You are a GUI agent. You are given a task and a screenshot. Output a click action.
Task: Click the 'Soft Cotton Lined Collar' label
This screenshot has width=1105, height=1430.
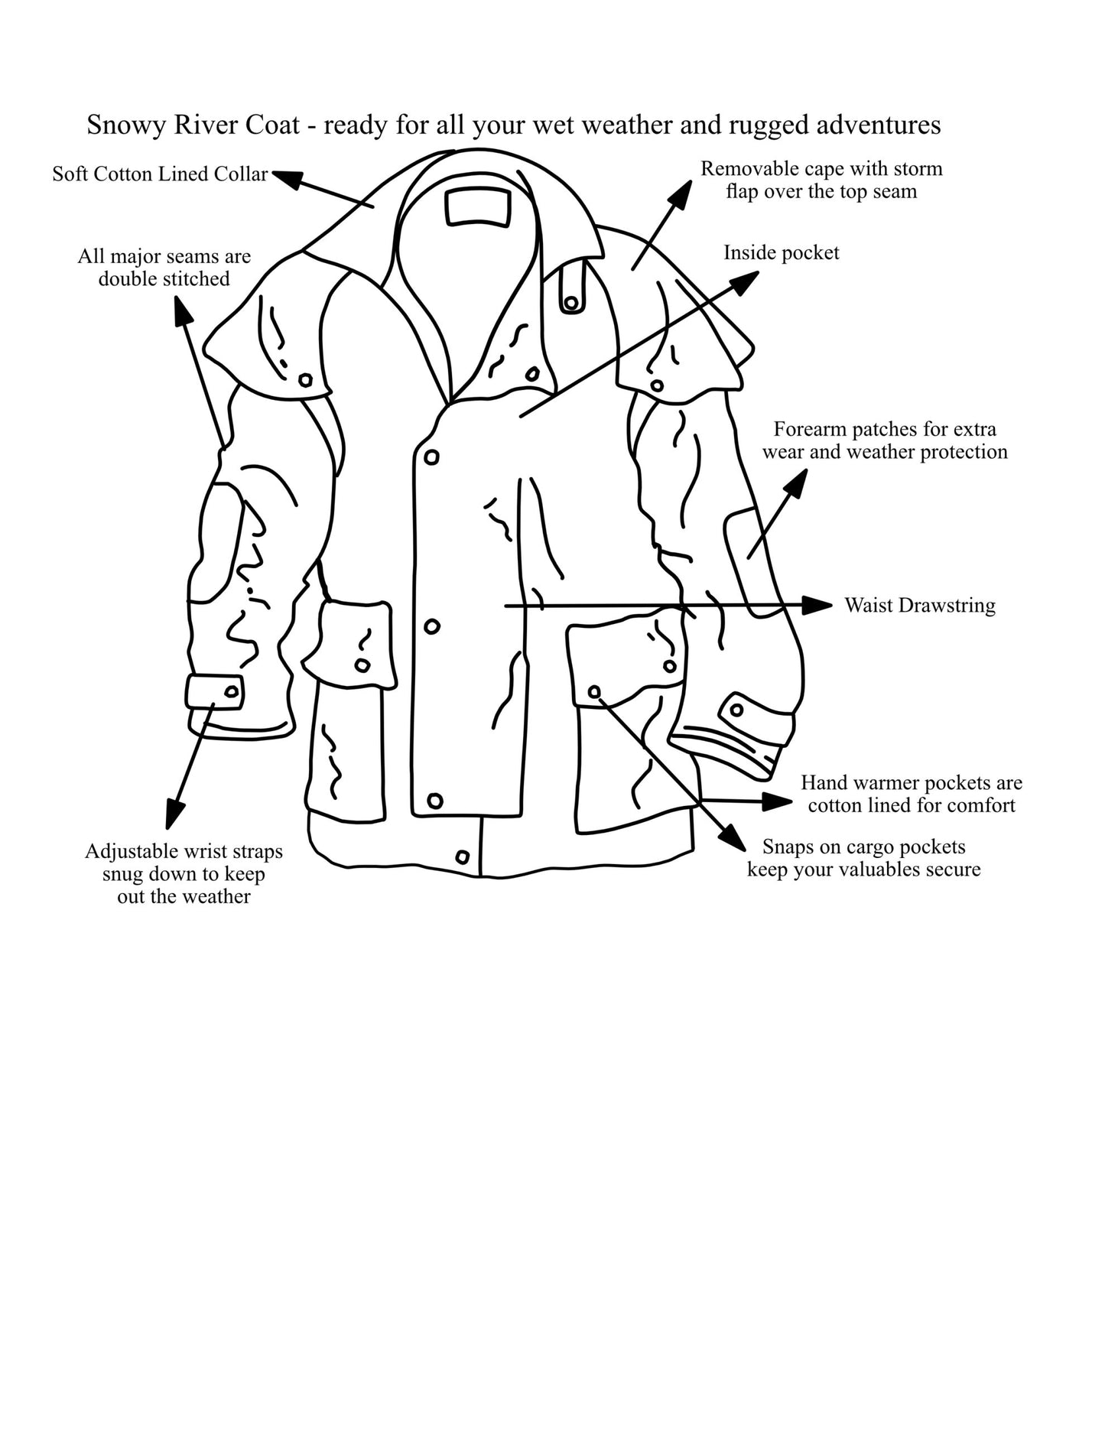(160, 174)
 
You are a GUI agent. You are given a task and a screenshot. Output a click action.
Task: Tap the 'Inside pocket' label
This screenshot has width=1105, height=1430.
(782, 253)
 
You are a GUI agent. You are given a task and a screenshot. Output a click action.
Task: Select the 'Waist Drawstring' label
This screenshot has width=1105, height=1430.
(920, 606)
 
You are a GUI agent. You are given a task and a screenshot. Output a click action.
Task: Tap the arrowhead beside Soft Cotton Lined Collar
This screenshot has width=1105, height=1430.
(288, 179)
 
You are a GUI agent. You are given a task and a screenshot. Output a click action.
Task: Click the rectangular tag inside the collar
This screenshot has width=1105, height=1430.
(478, 207)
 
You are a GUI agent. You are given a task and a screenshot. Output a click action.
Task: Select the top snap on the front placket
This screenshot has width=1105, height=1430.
(431, 457)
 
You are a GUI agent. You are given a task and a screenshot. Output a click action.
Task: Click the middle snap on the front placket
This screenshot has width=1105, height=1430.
(432, 626)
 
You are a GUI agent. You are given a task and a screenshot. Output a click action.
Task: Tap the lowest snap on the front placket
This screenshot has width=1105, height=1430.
(435, 801)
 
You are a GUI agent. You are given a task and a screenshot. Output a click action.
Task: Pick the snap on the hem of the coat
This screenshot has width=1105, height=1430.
(462, 856)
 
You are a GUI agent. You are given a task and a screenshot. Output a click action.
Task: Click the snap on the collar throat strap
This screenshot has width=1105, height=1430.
(570, 303)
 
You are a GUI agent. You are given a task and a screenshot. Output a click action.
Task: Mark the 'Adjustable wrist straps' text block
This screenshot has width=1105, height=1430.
(184, 874)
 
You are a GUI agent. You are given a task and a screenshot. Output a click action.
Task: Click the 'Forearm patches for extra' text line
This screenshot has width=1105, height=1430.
(885, 429)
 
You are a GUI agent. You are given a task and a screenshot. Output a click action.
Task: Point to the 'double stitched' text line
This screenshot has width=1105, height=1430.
(164, 279)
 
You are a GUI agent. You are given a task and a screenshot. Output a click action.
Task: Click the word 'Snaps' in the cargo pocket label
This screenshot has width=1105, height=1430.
(788, 847)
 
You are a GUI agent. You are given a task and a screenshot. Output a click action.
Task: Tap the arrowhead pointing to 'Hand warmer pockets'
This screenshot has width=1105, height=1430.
(778, 801)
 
